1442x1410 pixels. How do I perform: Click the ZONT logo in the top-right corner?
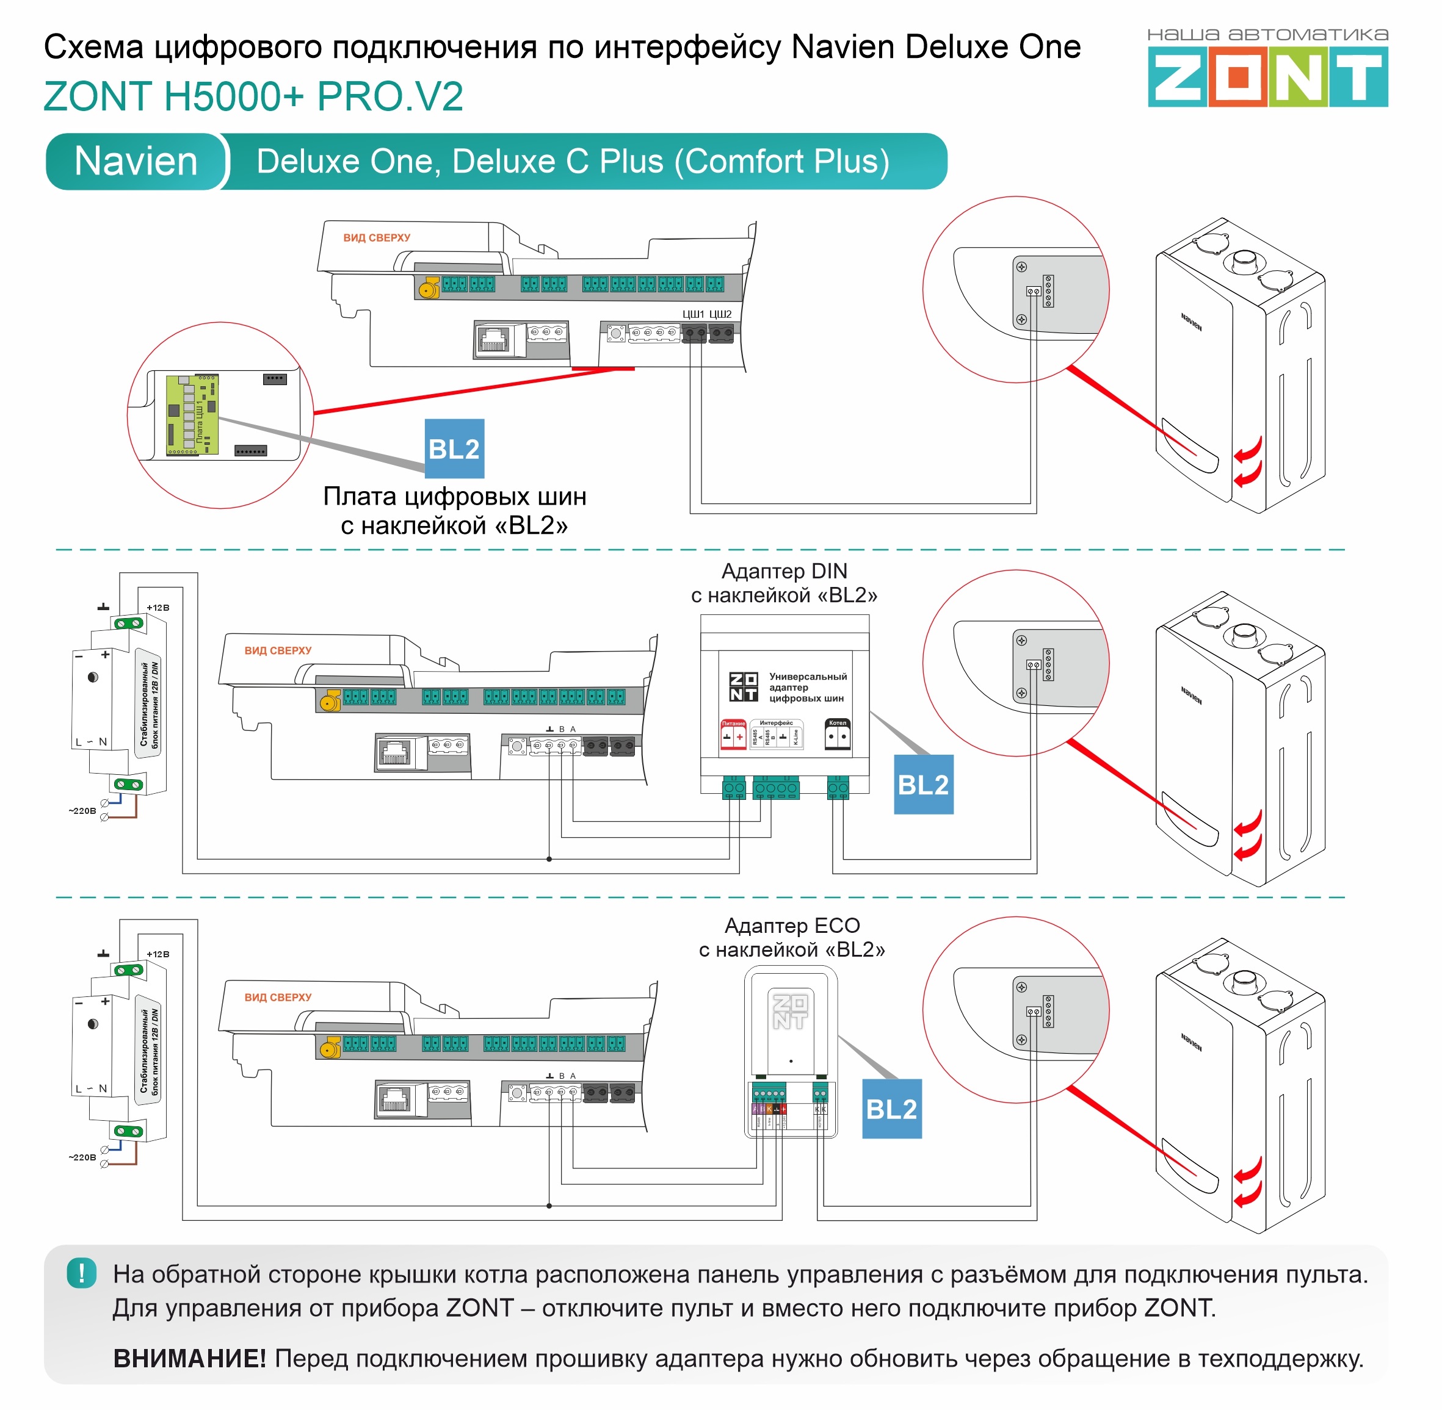1267,76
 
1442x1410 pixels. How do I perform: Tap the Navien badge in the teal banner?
136,162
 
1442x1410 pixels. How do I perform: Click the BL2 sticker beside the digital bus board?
454,449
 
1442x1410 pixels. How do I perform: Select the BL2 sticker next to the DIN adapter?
923,785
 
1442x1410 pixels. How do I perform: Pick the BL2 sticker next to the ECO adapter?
891,1109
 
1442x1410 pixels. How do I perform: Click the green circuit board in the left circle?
192,415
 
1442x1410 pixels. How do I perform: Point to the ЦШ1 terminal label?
693,315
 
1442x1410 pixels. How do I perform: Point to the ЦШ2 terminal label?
720,315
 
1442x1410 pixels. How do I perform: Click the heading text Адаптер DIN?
784,571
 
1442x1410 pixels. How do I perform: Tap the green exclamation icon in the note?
82,1274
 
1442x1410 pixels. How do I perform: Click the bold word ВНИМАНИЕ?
189,1359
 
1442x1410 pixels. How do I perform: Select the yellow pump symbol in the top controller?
427,289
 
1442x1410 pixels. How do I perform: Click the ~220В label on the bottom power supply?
82,1157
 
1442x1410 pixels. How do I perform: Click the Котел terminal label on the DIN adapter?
838,723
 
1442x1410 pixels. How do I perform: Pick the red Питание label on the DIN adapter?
733,724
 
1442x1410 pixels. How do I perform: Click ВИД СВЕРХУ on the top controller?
377,238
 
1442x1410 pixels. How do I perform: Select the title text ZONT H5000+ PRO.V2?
253,96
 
